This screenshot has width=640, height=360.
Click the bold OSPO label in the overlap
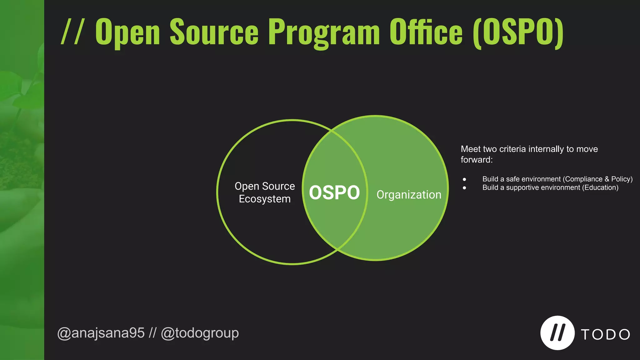[334, 192]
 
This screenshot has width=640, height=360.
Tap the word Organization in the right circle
[409, 195]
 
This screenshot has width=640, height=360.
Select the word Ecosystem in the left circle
[265, 199]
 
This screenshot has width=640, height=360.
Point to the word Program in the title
[324, 32]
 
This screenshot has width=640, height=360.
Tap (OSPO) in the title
[518, 32]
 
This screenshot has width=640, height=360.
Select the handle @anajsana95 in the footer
[101, 333]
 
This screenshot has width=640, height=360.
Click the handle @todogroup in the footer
[200, 333]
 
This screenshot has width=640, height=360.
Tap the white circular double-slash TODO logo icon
[557, 333]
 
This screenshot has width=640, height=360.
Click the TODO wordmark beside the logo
[605, 335]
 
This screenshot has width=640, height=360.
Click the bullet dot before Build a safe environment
[464, 179]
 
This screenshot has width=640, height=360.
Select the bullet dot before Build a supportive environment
[464, 188]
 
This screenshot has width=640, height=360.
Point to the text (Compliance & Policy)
[597, 179]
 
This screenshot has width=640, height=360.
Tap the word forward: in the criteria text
[477, 160]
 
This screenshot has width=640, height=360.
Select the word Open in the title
[127, 32]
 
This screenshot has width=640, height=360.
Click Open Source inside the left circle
[265, 186]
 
